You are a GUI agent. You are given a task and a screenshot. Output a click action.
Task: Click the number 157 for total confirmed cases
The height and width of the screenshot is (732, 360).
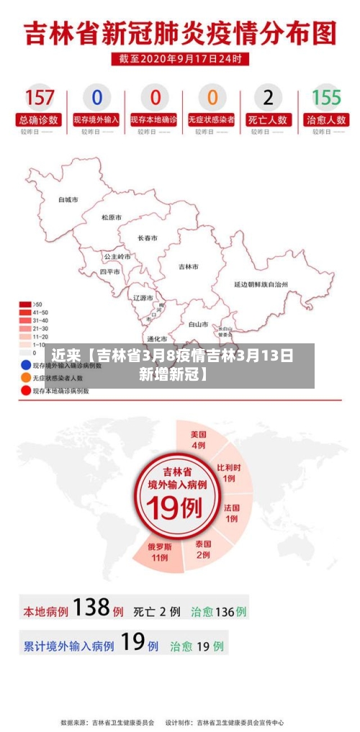pyautogui.click(x=40, y=97)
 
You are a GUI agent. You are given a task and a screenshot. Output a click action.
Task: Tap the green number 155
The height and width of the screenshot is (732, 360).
pyautogui.click(x=326, y=97)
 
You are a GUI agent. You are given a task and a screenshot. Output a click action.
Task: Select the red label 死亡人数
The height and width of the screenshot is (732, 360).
pyautogui.click(x=269, y=119)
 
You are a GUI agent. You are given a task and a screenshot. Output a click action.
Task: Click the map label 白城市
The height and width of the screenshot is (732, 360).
pyautogui.click(x=68, y=199)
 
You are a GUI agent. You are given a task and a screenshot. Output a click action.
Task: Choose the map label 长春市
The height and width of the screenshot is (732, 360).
pyautogui.click(x=148, y=238)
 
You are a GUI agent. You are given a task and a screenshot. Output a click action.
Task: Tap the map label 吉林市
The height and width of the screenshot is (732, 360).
pyautogui.click(x=189, y=266)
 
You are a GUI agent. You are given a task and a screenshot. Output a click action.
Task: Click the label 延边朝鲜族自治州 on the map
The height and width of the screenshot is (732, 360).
pyautogui.click(x=261, y=284)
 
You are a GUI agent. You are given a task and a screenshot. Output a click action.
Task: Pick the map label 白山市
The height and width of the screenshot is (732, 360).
pyautogui.click(x=198, y=324)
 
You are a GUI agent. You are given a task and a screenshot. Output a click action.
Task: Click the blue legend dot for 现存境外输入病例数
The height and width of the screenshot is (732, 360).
pyautogui.click(x=25, y=365)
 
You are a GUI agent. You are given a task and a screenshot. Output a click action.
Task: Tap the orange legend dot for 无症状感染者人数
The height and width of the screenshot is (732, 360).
pyautogui.click(x=25, y=377)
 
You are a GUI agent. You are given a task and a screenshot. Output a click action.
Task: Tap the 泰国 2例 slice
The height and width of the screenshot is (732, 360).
pyautogui.click(x=202, y=549)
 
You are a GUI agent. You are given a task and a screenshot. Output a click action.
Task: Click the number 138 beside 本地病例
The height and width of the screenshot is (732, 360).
pyautogui.click(x=91, y=608)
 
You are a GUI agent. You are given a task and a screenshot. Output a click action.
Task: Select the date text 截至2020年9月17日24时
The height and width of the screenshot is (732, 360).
pyautogui.click(x=180, y=58)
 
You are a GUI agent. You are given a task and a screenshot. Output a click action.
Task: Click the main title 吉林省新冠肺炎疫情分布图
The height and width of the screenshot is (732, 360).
pyautogui.click(x=180, y=32)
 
